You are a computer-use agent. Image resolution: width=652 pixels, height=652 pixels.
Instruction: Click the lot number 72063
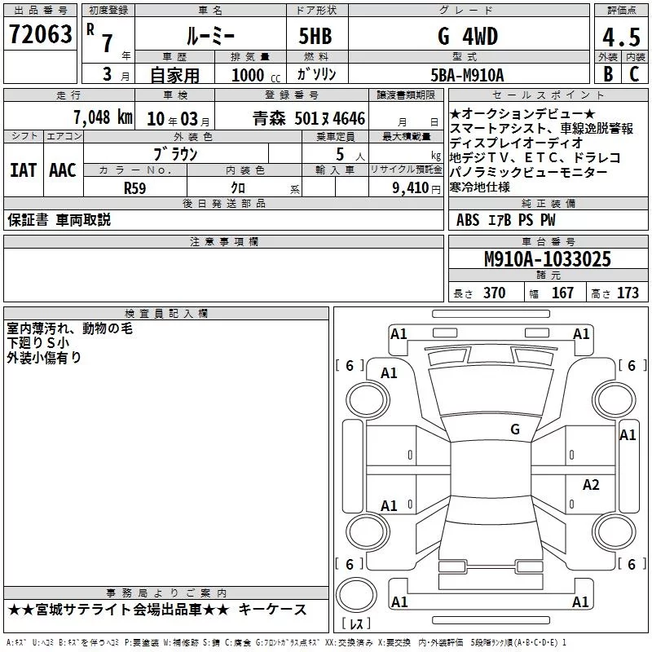[40, 33]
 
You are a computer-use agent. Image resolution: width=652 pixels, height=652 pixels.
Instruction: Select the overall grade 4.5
[621, 37]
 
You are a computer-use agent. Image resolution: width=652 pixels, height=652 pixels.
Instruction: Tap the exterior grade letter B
[608, 73]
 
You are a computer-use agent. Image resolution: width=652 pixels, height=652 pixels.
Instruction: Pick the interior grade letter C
[634, 73]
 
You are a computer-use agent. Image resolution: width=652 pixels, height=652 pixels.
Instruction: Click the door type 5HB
[315, 36]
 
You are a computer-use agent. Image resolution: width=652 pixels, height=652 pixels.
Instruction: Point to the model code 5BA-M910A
[467, 75]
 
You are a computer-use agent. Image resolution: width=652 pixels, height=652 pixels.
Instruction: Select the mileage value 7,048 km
[104, 117]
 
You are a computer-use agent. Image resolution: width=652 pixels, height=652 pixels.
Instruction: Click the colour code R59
[134, 188]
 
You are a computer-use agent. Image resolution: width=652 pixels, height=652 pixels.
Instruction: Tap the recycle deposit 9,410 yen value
[416, 188]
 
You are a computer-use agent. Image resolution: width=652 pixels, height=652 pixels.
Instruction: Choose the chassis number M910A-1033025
[548, 259]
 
